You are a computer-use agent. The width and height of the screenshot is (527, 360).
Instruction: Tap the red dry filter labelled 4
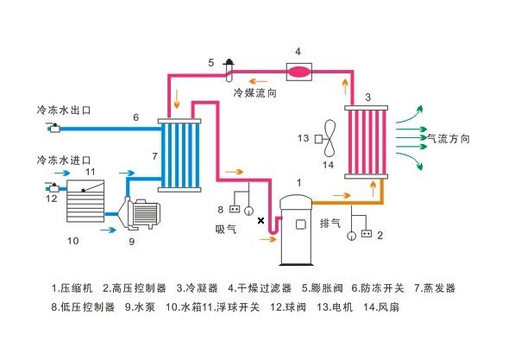[x=298, y=71]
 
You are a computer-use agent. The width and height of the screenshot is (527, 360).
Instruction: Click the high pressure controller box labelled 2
[x=367, y=234]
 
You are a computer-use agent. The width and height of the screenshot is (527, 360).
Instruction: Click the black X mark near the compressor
[x=261, y=221]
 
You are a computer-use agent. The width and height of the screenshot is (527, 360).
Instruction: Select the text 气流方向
[x=443, y=136]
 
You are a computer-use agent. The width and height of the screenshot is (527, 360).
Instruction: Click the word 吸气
[x=226, y=230]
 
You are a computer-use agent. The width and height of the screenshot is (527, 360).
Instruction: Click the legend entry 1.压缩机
[x=72, y=287]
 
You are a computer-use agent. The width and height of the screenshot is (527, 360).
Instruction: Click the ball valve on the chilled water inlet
[x=53, y=186]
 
